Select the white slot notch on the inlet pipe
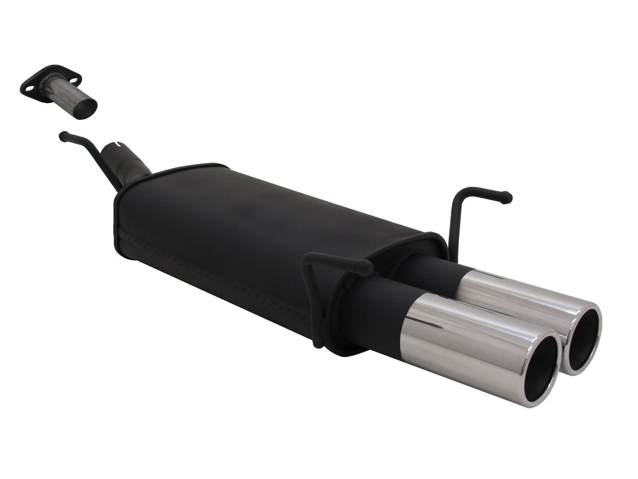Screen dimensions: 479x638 point(117,144)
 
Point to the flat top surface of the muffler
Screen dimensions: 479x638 point(265,203)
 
